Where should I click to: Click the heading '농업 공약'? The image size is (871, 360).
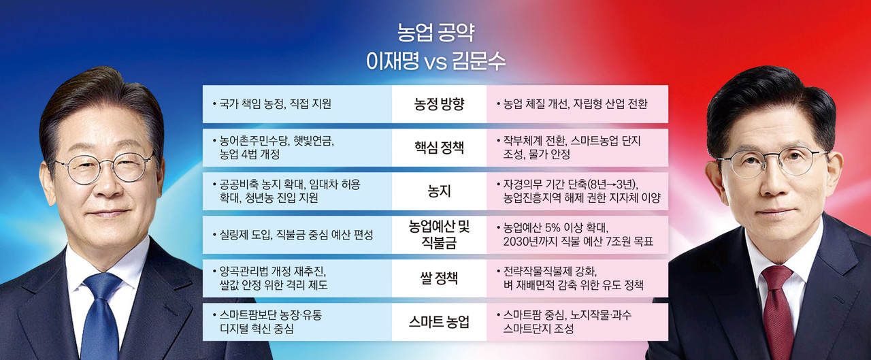(435, 32)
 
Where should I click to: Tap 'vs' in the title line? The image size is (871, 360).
(435, 63)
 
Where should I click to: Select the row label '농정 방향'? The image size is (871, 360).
(440, 104)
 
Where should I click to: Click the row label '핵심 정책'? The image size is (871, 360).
(440, 148)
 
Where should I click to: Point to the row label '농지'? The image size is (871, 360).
(440, 191)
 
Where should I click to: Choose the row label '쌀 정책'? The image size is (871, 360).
(440, 278)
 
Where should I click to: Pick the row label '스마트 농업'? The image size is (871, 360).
(440, 322)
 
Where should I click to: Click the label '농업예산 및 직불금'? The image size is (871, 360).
(440, 234)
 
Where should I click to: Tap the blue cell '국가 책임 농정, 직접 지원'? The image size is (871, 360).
(297, 104)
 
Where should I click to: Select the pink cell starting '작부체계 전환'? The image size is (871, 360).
(578, 148)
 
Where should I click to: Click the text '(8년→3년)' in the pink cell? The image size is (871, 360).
(612, 184)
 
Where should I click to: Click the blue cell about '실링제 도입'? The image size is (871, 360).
(297, 235)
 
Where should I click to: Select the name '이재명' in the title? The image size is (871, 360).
(393, 62)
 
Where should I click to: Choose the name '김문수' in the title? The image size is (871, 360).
(479, 62)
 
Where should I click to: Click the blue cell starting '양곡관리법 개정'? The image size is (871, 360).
(297, 278)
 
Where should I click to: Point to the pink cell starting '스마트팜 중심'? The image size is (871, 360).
(578, 322)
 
